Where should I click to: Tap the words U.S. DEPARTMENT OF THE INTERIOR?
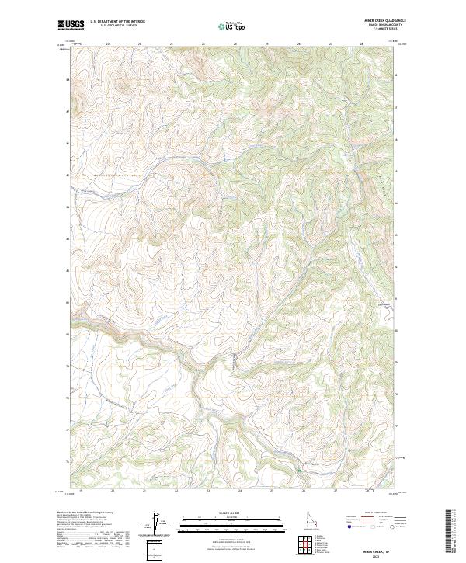(x=117, y=21)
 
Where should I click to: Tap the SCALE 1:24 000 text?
(x=232, y=513)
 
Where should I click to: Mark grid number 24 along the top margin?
(x=235, y=44)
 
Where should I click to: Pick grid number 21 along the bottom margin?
(x=144, y=491)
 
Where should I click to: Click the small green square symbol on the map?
(x=297, y=469)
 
